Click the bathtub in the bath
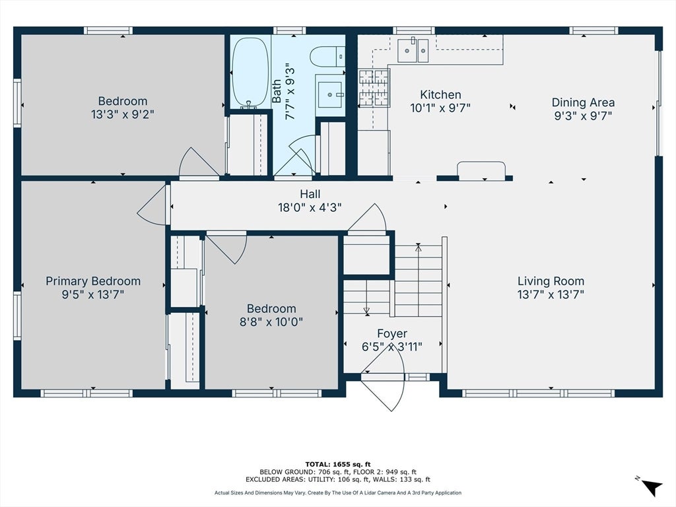(x=250, y=73)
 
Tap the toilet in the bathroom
(x=327, y=57)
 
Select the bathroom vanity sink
(x=330, y=94)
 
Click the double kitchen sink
(x=413, y=50)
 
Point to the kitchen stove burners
(x=374, y=88)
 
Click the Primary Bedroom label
(x=93, y=281)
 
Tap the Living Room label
(x=551, y=281)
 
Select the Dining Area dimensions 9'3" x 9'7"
(x=583, y=116)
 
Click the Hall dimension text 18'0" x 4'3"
(x=310, y=208)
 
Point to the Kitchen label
(x=440, y=94)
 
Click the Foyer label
(x=392, y=333)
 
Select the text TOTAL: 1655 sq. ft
(x=337, y=464)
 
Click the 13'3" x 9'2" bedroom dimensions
(x=122, y=115)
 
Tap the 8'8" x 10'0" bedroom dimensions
(x=271, y=322)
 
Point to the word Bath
(x=277, y=91)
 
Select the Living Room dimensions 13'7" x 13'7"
(x=551, y=294)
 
